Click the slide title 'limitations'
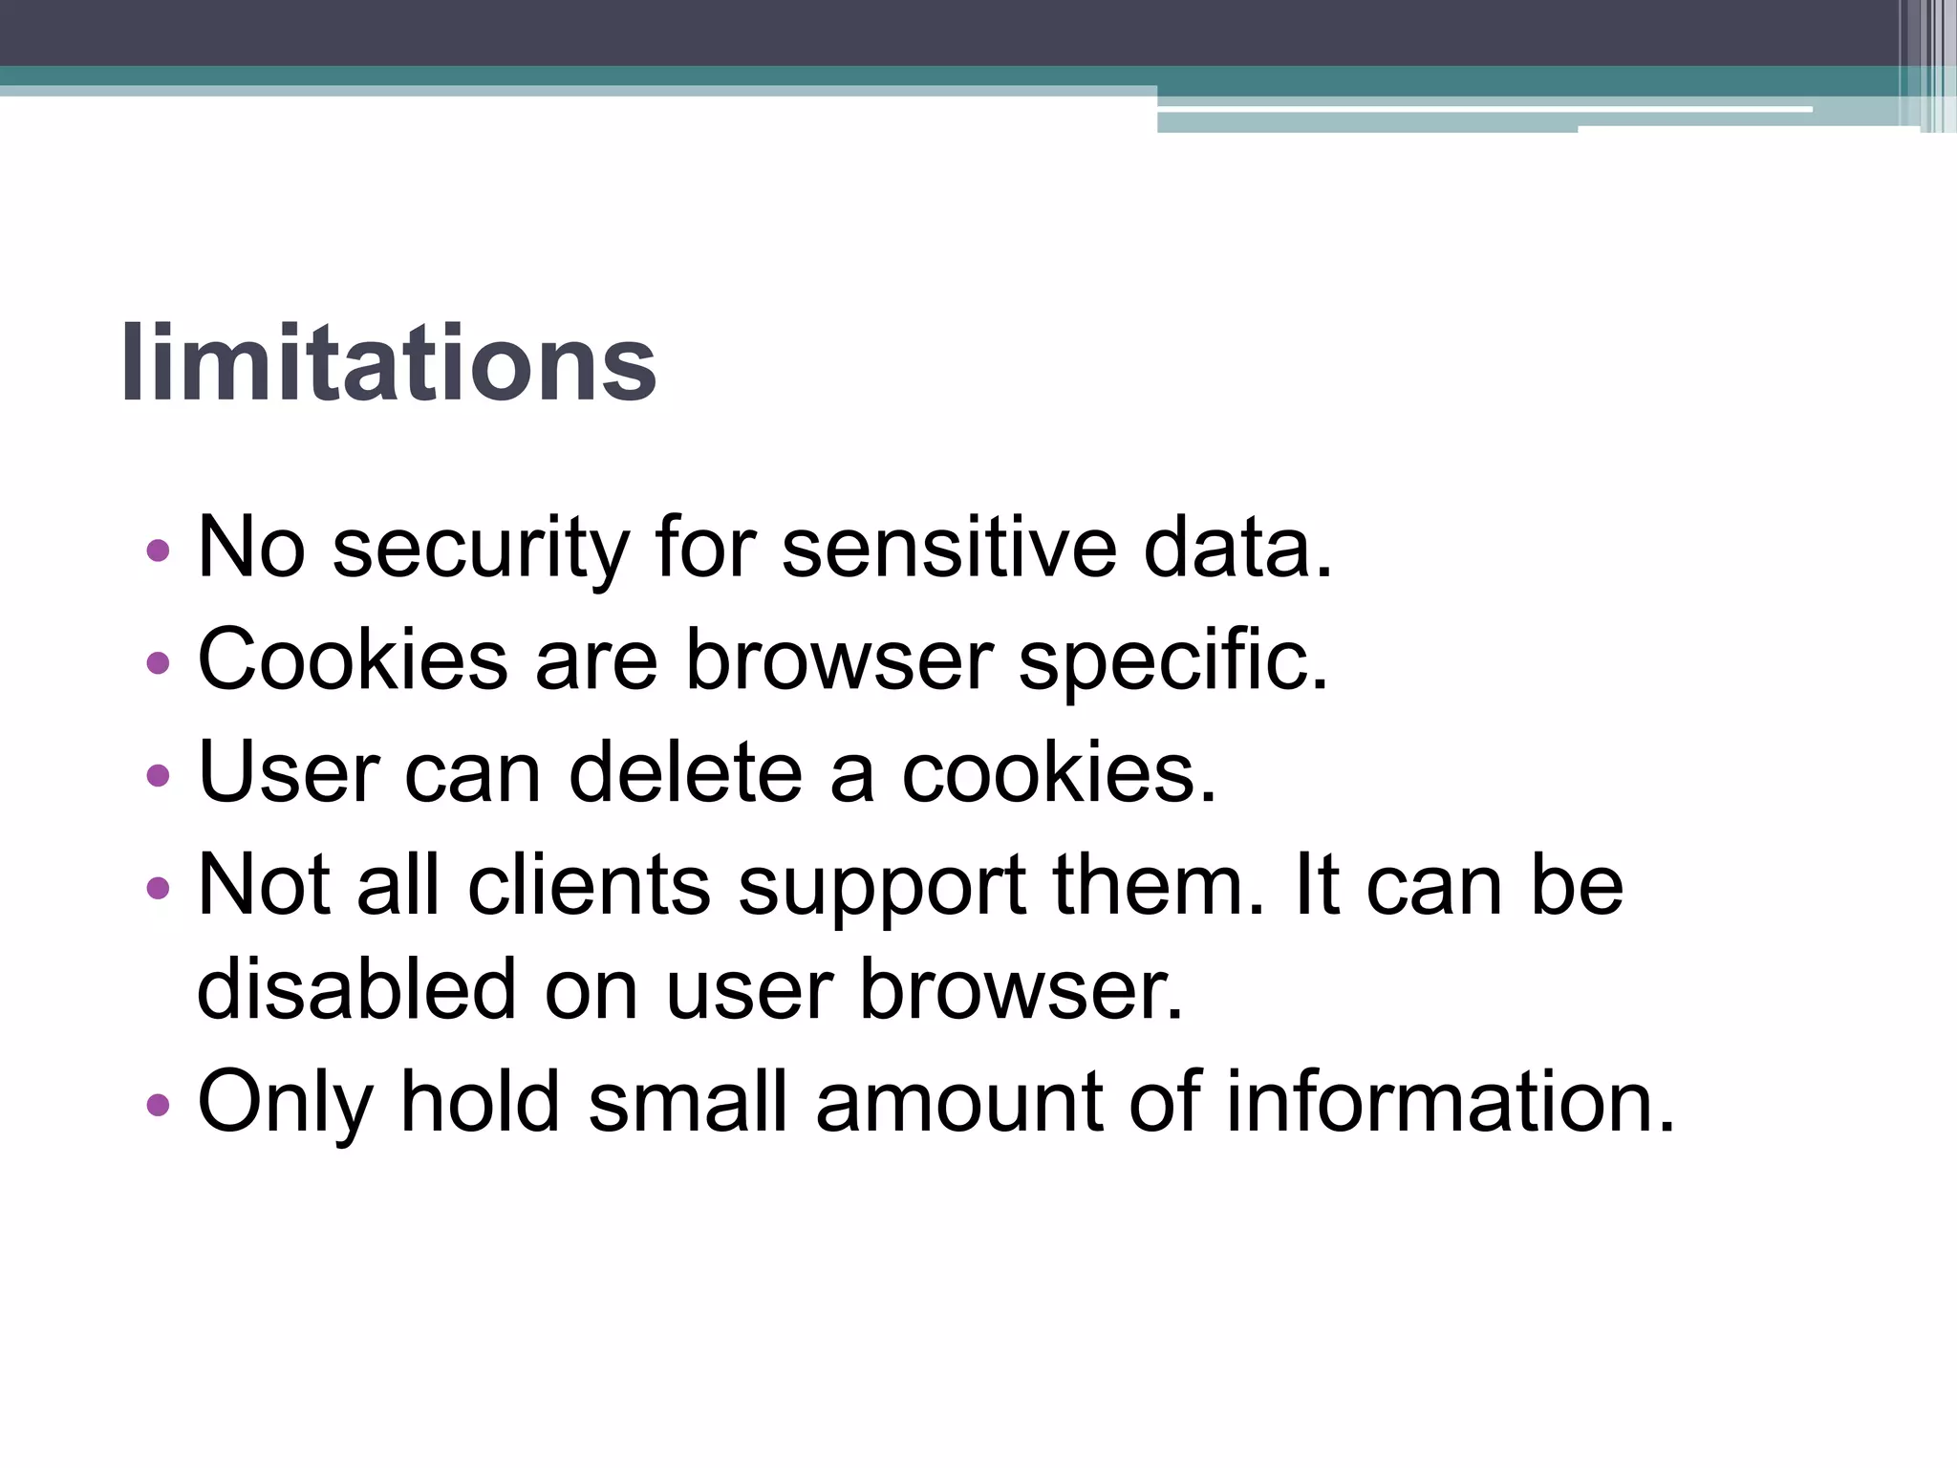388,365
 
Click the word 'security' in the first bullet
481,550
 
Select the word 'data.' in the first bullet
1237,548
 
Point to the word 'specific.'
1173,661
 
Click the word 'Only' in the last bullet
285,1104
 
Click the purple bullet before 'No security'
159,550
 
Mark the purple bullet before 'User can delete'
159,775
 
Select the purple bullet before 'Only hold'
159,1106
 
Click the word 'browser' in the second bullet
839,661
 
